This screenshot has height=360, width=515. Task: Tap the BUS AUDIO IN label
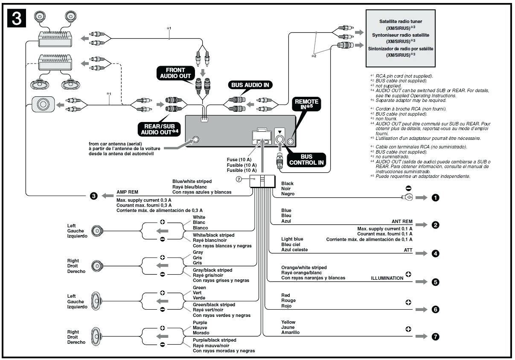click(250, 85)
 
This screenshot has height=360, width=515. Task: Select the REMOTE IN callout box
click(306, 105)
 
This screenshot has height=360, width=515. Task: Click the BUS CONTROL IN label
click(306, 160)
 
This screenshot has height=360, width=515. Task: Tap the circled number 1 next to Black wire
click(436, 198)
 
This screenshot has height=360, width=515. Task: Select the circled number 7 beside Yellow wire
click(435, 337)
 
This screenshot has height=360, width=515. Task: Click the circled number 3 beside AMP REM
click(94, 196)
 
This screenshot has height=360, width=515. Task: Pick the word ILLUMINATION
click(387, 278)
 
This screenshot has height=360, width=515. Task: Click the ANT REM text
click(402, 222)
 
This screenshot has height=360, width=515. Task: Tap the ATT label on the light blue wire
click(408, 250)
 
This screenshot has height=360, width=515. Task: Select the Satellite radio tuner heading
click(401, 21)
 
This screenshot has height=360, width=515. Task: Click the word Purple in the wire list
click(200, 322)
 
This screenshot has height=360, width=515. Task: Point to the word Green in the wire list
click(199, 287)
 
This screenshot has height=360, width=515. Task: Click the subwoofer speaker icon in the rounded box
click(43, 105)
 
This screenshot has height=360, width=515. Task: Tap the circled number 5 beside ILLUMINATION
click(435, 282)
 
